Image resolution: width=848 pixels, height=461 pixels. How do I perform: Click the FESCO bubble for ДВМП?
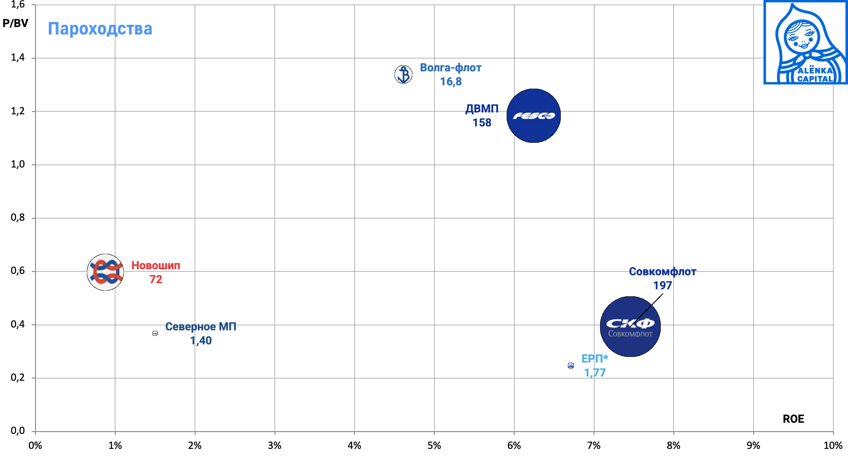(533, 116)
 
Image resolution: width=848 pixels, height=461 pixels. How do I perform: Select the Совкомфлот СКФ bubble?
(630, 327)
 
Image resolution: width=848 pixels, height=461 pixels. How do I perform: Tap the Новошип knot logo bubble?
(106, 272)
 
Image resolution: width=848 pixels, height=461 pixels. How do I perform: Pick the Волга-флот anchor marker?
(403, 74)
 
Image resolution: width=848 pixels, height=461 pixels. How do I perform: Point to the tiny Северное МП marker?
(155, 333)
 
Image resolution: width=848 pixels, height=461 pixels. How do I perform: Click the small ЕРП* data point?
(571, 365)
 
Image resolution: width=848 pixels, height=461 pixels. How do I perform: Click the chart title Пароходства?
(100, 29)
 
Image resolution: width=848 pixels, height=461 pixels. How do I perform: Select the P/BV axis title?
(15, 23)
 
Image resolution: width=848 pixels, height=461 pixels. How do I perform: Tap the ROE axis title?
(793, 419)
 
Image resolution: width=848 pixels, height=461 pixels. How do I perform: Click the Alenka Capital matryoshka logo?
(806, 42)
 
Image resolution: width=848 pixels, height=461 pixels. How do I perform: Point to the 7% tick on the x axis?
(594, 446)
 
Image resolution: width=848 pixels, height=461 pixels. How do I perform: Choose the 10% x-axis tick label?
(833, 446)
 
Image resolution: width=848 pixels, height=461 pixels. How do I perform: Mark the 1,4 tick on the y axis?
(18, 58)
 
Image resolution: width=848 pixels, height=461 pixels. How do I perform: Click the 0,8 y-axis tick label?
(18, 218)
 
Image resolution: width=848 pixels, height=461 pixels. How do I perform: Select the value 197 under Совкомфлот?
(662, 286)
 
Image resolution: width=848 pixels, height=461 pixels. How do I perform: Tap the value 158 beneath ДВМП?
(482, 123)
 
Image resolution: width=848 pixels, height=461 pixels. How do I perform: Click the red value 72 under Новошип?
(155, 279)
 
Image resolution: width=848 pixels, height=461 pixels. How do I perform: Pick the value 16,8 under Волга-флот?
(451, 82)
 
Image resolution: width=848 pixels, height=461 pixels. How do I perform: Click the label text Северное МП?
(201, 327)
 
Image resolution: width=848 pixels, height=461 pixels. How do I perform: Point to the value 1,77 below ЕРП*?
(594, 373)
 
